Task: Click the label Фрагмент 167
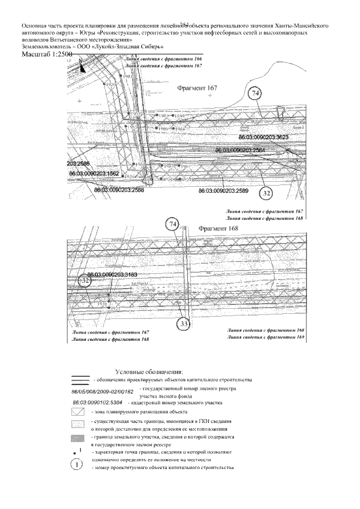point(197,88)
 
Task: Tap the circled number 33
point(184,324)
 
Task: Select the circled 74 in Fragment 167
point(256,93)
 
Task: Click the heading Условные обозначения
point(149,372)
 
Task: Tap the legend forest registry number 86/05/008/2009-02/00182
point(102,391)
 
